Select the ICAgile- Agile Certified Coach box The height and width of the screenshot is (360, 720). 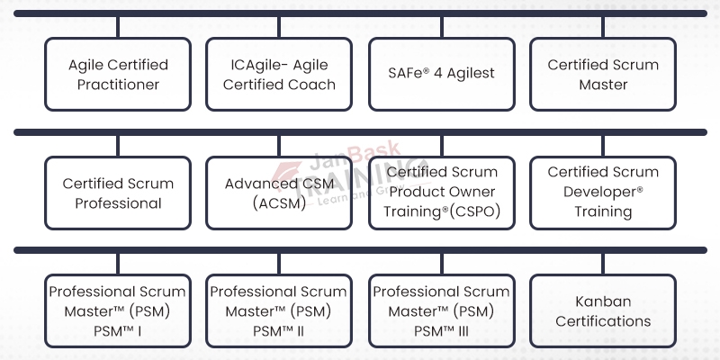tap(279, 74)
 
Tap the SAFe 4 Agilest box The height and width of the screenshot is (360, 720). tap(441, 74)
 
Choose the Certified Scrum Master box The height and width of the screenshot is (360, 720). tap(603, 74)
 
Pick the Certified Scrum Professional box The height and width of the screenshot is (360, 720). tap(118, 192)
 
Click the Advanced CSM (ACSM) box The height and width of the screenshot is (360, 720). tap(279, 192)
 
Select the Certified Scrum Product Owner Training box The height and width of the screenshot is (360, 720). tap(441, 192)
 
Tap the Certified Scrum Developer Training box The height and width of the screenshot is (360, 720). tap(603, 192)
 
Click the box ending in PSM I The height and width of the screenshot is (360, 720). tap(118, 310)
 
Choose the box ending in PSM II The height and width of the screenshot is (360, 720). tap(279, 310)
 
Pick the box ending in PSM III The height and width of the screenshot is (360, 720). tap(441, 310)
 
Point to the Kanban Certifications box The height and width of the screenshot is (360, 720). tap(603, 310)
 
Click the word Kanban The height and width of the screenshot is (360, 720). tap(603, 301)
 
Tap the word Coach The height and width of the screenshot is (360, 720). tap(315, 85)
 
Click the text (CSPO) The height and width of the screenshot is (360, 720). tap(473, 212)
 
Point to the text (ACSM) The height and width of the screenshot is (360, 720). tap(278, 202)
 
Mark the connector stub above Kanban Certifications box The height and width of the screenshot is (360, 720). tap(603, 263)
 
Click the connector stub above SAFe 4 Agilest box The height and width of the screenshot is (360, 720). tap(441, 27)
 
